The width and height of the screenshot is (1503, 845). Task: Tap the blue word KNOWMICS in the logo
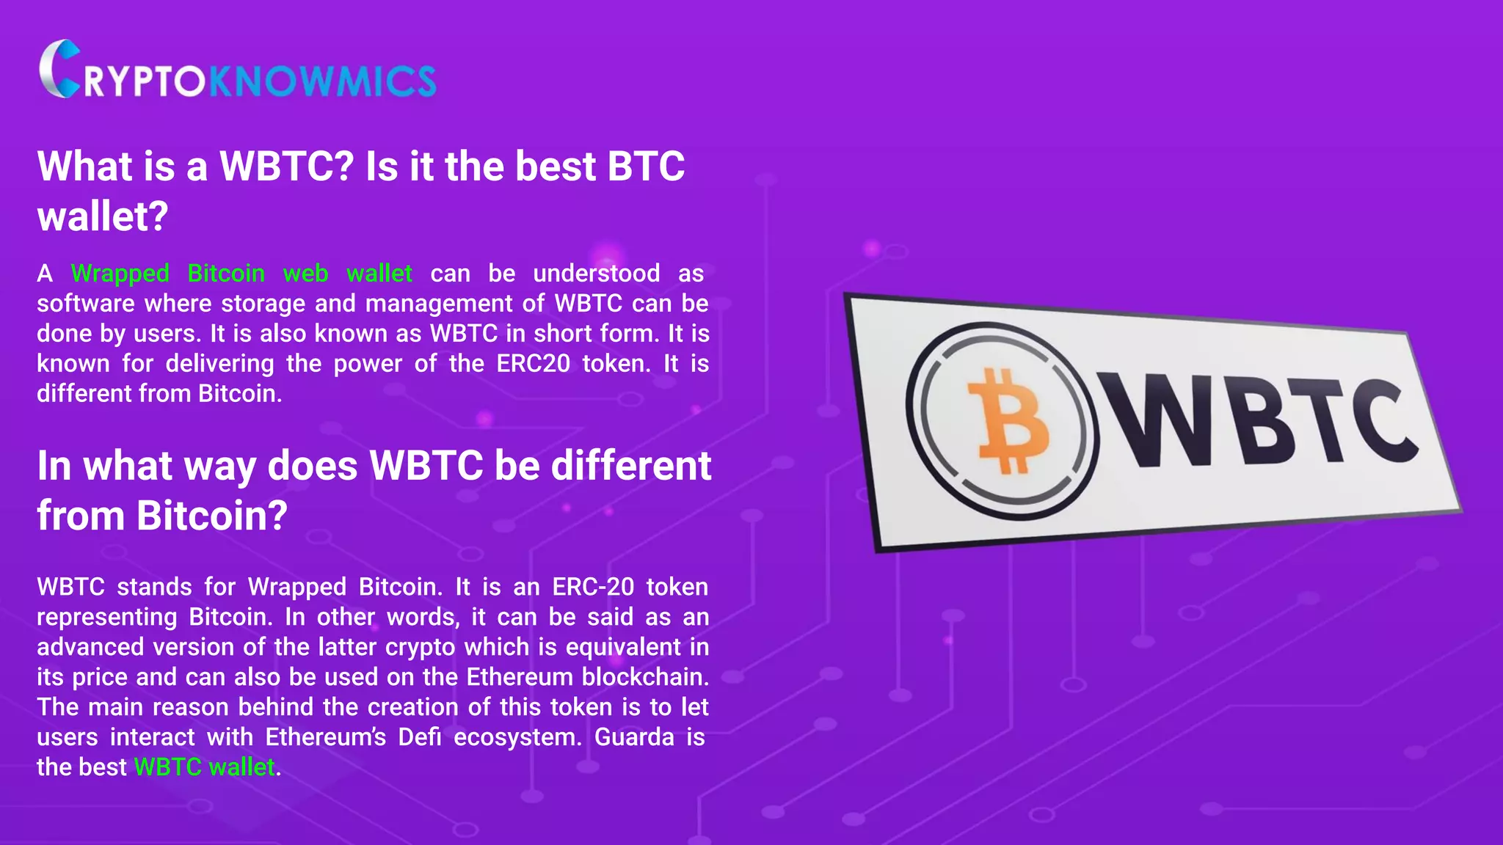(323, 81)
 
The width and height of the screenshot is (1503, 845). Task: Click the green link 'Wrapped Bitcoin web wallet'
(241, 274)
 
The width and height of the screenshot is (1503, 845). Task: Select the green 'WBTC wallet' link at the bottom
(205, 767)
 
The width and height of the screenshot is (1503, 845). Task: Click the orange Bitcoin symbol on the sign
(1008, 421)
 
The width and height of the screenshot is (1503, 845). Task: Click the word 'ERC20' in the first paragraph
(533, 364)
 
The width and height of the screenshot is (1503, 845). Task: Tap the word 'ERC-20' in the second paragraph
(593, 587)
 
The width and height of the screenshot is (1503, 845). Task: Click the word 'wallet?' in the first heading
(103, 216)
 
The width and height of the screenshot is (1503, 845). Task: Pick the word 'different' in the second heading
(631, 466)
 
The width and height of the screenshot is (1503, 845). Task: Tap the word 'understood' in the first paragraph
(597, 274)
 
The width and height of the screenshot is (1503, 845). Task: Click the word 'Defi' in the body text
(420, 737)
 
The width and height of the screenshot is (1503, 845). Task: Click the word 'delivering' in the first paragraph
(219, 364)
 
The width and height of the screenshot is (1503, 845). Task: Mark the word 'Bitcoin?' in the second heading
(212, 516)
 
